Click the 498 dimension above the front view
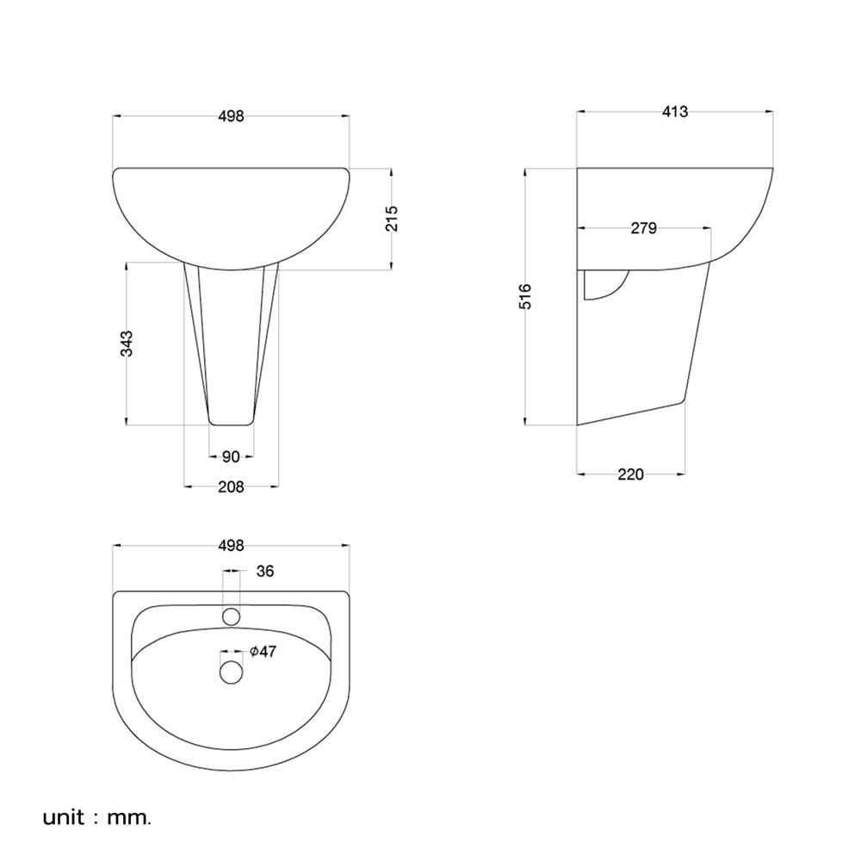pos(231,116)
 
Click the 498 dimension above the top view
pos(231,546)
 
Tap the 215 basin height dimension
pos(391,219)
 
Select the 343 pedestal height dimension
pos(127,344)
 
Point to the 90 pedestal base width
pos(231,457)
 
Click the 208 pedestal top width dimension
pos(231,487)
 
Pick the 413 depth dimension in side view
pos(675,112)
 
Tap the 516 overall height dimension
pos(525,296)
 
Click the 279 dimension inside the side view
pos(643,228)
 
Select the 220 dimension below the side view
pos(630,474)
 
